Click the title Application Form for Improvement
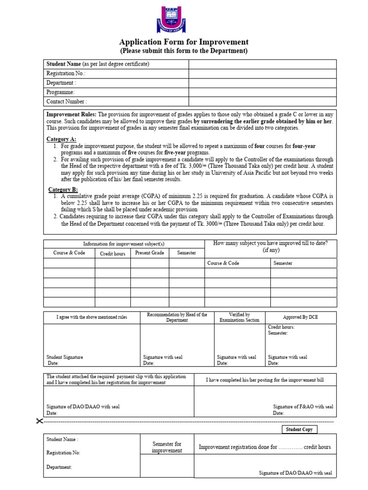click(184, 42)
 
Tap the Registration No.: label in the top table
click(66, 74)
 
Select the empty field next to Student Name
click(263, 64)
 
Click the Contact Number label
click(66, 101)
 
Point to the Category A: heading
click(61, 139)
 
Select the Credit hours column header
click(113, 254)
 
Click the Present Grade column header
click(149, 253)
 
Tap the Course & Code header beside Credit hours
click(69, 253)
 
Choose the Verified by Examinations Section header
click(239, 317)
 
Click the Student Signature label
click(65, 357)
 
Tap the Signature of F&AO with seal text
click(303, 406)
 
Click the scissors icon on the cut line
click(39, 421)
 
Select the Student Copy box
click(299, 429)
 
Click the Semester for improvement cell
click(167, 447)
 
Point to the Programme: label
click(60, 92)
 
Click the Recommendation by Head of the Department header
click(177, 317)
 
